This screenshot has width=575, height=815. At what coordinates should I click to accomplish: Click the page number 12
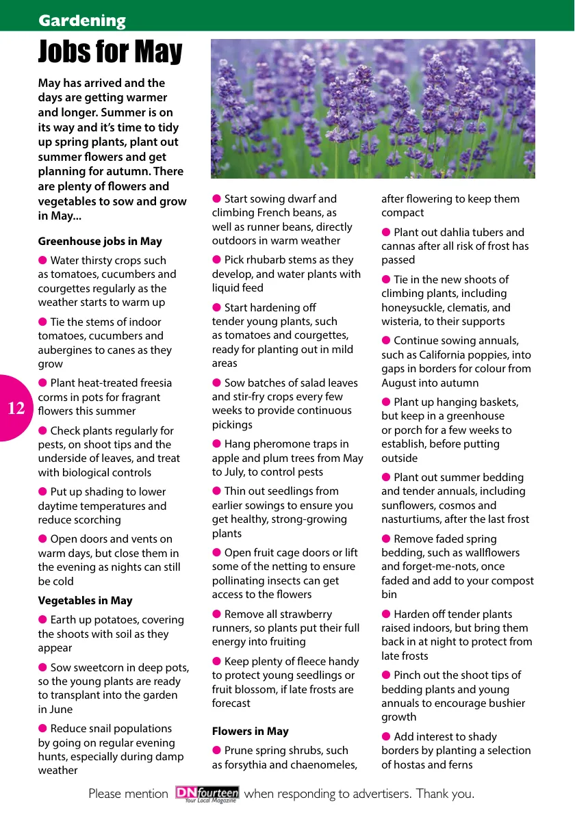click(16, 409)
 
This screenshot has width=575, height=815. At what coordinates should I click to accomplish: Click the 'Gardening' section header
click(82, 21)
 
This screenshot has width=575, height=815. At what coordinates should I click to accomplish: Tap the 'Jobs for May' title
click(110, 52)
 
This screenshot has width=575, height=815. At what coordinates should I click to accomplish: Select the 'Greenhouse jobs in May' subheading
click(100, 242)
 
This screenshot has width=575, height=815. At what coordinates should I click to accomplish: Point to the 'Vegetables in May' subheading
click(85, 601)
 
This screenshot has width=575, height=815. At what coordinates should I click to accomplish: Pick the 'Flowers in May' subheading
click(251, 732)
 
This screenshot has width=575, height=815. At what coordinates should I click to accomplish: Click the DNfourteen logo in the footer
click(207, 794)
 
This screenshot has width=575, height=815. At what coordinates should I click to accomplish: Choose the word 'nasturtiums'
click(412, 519)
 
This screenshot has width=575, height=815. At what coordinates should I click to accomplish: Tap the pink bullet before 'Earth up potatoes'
click(42, 619)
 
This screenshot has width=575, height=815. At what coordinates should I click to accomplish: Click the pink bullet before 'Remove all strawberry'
click(216, 614)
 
